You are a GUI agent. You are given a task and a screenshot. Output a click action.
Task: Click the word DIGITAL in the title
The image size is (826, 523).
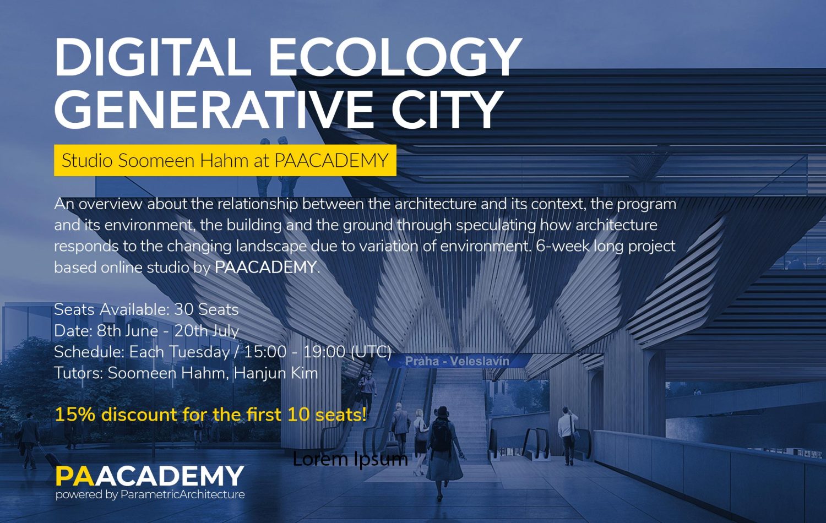click(153, 57)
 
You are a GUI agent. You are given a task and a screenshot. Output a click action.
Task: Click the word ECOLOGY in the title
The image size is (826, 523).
click(395, 57)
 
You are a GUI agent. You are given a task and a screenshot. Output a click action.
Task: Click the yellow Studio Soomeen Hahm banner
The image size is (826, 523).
click(225, 160)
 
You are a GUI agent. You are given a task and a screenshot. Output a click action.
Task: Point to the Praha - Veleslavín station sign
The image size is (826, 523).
click(457, 361)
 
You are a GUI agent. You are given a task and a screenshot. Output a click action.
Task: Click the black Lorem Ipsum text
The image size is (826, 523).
click(350, 459)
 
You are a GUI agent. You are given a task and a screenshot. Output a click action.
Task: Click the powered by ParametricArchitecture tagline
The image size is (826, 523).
click(150, 494)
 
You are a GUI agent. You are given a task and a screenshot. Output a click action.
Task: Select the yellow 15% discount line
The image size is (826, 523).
click(210, 415)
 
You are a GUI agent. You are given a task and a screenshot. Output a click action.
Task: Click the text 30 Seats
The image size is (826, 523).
click(206, 309)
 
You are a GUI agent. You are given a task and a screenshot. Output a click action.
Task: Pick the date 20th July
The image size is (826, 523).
click(206, 331)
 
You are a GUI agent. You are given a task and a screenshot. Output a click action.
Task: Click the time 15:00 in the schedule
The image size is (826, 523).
click(265, 352)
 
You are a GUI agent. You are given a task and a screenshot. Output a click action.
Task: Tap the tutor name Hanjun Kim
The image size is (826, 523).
click(276, 373)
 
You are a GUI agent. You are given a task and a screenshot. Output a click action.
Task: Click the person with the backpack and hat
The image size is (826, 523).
click(443, 453)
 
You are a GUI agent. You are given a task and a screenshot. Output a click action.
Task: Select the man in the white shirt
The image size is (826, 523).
click(568, 435)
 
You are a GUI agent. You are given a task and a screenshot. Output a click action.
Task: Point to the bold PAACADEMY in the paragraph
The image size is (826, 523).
click(265, 267)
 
